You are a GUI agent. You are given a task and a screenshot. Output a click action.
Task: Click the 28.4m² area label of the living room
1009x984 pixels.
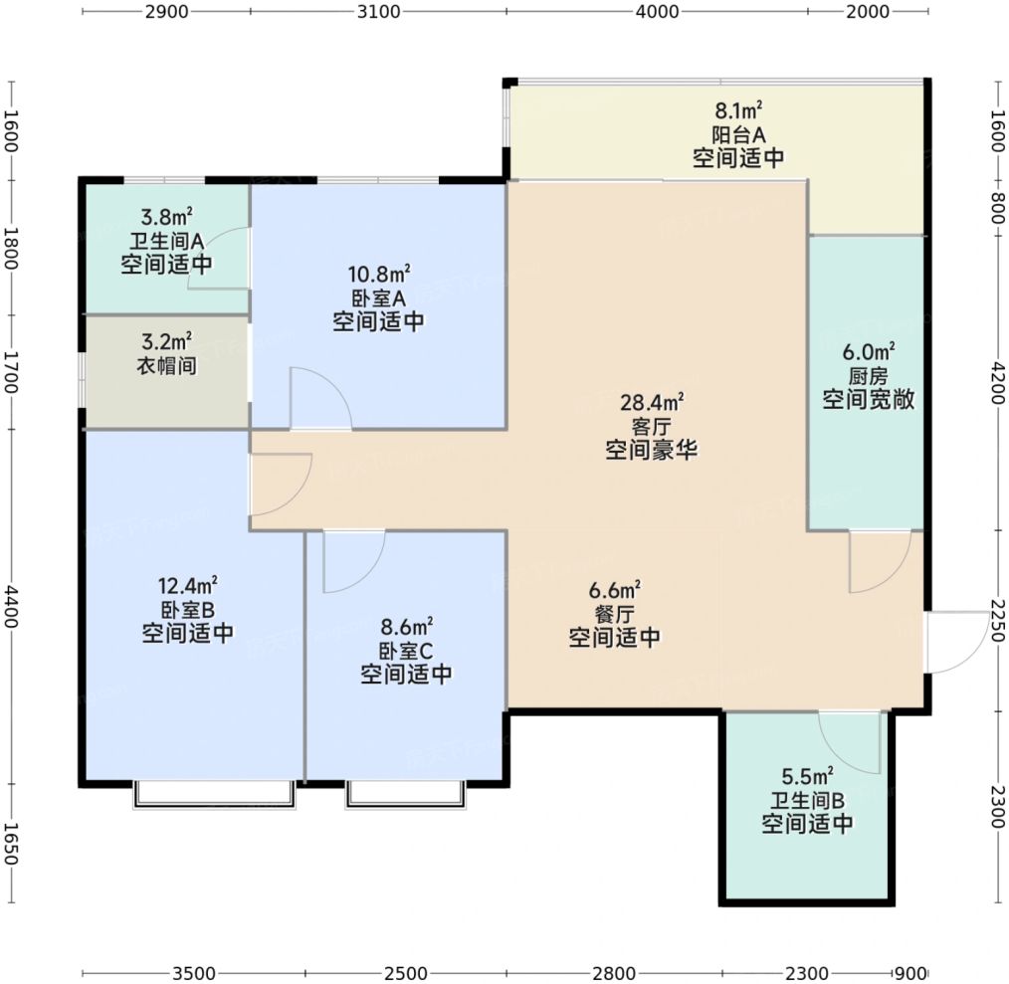tap(651, 402)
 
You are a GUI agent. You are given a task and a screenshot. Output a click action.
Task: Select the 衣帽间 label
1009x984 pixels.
tap(166, 365)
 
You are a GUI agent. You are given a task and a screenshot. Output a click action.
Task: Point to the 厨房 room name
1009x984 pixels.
tap(868, 376)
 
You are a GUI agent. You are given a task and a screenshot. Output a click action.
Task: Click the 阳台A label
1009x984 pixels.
tap(738, 134)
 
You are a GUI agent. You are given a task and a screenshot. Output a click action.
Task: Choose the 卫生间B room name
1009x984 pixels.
tap(807, 800)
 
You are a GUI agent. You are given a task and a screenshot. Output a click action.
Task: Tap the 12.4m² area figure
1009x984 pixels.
tap(187, 585)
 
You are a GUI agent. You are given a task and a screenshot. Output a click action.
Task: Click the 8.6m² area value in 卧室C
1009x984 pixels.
tap(406, 626)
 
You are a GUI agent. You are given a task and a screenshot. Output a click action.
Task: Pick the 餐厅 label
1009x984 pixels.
tap(614, 613)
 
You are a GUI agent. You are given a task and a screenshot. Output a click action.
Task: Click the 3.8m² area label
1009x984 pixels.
tap(166, 216)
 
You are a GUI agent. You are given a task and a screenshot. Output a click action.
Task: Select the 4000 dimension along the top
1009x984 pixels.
tap(657, 12)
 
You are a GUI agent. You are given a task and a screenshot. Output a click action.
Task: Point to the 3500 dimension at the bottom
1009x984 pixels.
tap(194, 973)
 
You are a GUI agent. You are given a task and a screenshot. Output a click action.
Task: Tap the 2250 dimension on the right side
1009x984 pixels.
tap(997, 621)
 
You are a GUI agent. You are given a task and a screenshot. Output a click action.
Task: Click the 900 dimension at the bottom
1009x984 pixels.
tap(910, 973)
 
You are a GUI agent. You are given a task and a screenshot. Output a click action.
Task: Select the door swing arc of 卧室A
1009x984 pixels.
tap(334, 385)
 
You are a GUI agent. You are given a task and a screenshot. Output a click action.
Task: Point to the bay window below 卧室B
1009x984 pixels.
tap(214, 794)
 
